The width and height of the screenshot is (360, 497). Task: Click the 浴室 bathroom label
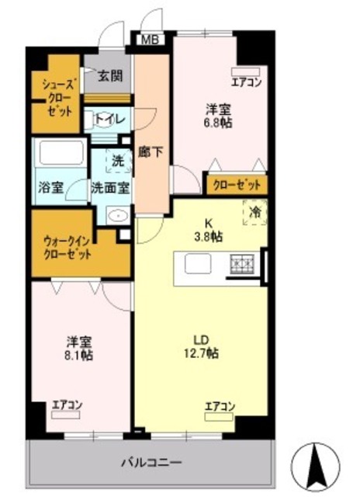coord(50,187)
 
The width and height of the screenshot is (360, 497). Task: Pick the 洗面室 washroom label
coord(110,187)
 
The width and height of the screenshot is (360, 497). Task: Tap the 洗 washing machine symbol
coord(117,162)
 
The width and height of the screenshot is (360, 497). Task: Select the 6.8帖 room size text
coord(219,122)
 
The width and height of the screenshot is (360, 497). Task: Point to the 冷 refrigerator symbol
coord(253,210)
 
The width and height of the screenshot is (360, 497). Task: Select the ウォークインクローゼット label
coord(67,247)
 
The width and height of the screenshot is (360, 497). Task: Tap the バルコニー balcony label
coord(151,464)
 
